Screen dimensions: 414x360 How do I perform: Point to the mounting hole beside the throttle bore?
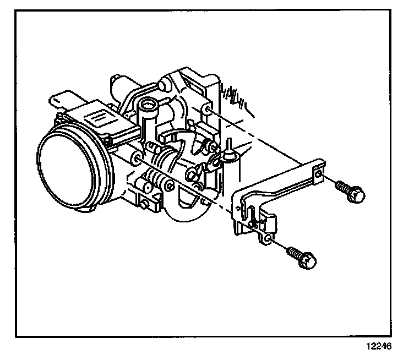pos(135,160)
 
